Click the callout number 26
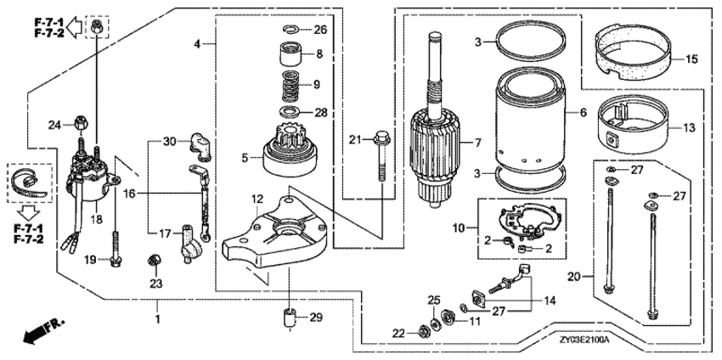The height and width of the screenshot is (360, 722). pyautogui.click(x=319, y=30)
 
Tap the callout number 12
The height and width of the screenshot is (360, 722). pyautogui.click(x=257, y=199)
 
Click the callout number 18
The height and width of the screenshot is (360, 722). pyautogui.click(x=96, y=219)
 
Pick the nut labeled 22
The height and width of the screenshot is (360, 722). pyautogui.click(x=421, y=330)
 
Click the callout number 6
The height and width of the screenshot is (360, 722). pyautogui.click(x=583, y=111)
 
